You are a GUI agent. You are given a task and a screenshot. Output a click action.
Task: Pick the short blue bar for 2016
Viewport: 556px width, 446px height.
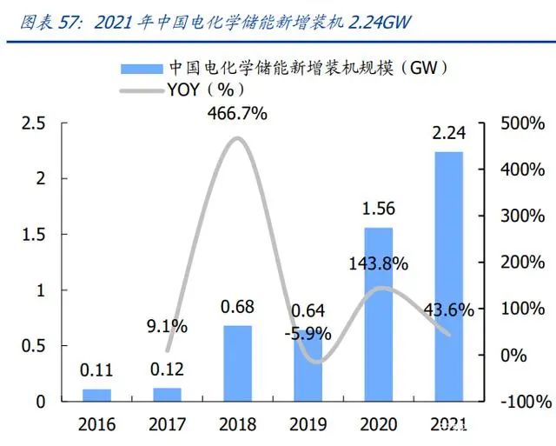(96, 395)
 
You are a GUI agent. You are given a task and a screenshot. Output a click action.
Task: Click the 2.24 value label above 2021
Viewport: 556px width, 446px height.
(448, 135)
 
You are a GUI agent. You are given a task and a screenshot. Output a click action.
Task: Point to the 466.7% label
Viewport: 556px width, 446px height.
(237, 113)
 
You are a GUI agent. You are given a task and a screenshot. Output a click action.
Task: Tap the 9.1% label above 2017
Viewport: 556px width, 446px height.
(168, 326)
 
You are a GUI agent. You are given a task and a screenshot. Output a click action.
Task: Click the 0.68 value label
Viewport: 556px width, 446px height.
(237, 308)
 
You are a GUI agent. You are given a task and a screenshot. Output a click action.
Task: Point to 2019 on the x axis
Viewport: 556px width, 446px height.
(308, 425)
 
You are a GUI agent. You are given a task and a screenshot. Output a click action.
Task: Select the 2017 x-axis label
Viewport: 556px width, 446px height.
(168, 425)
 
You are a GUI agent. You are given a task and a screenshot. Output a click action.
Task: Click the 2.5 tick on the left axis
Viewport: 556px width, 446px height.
(34, 123)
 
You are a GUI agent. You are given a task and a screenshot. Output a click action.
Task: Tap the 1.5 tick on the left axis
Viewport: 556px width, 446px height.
(34, 235)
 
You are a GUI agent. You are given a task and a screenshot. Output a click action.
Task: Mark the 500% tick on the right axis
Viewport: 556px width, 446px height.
(525, 123)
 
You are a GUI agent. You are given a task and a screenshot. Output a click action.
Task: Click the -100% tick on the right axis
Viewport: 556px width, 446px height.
(525, 402)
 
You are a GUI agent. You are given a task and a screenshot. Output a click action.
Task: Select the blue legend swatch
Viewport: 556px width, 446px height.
(141, 68)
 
